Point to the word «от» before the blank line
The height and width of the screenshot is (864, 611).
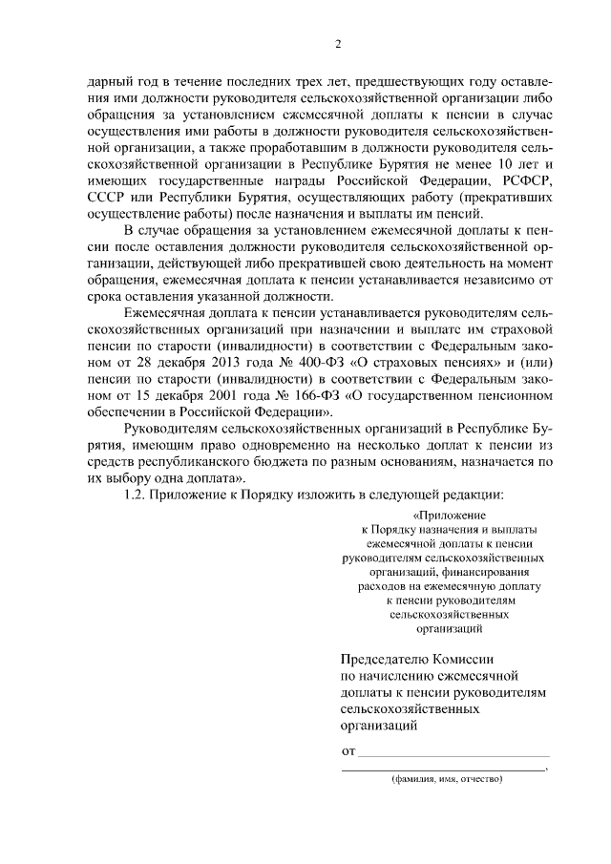click(348, 750)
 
